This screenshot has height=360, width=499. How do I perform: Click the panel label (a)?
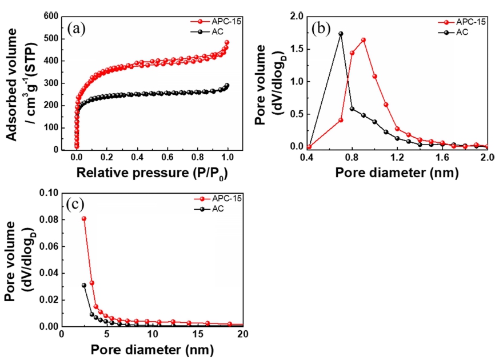point(78,28)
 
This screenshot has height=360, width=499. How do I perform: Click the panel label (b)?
point(320,27)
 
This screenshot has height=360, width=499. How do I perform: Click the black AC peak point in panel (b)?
point(341,34)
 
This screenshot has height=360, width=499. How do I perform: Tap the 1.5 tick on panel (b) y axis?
point(293,49)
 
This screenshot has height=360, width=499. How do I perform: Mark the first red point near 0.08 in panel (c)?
point(84,218)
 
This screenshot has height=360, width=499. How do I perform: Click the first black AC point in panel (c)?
point(84,285)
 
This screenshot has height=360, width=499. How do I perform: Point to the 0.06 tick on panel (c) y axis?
point(49,246)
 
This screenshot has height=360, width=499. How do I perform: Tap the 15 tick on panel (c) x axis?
point(198,334)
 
